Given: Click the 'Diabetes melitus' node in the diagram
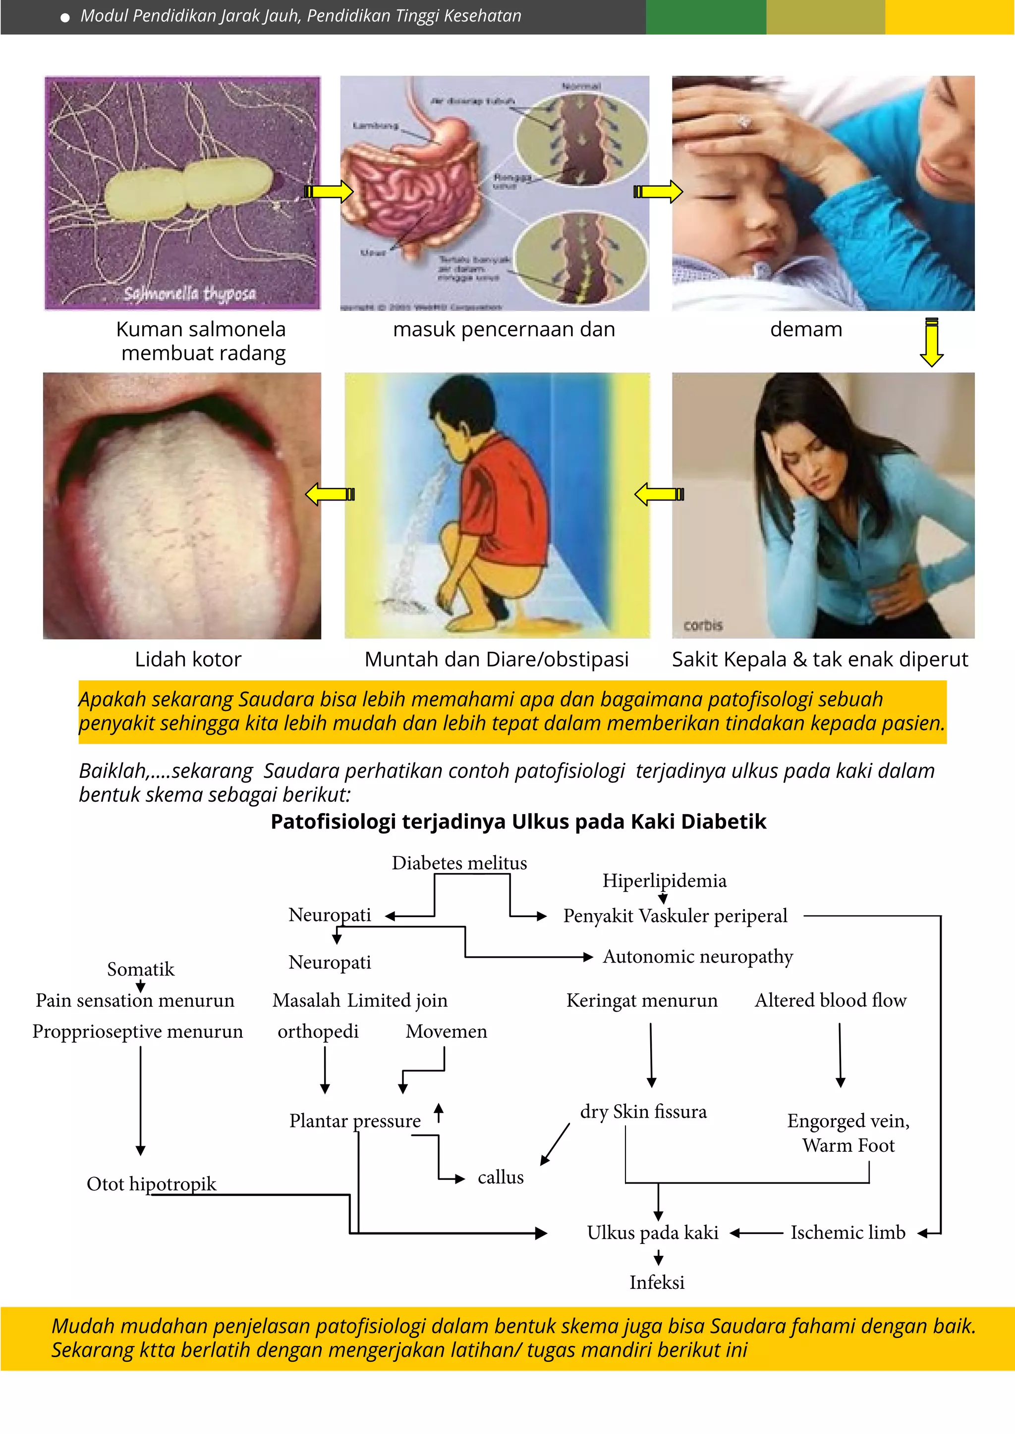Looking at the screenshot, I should coord(459,863).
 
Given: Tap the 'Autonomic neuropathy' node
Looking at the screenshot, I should coord(697,957).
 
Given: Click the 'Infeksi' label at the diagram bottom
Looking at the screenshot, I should coord(656,1283).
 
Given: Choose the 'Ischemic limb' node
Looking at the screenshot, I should coord(847,1233).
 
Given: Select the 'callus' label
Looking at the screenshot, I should coord(500,1178).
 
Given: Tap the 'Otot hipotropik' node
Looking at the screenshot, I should coord(151,1183).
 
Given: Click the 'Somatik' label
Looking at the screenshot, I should coord(141,970).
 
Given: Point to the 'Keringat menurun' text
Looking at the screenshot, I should coord(642,1001).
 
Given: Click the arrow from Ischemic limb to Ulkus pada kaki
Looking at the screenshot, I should coord(756,1233).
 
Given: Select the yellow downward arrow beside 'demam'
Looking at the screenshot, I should coord(931,342).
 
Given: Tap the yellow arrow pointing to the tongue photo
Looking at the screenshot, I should coord(330,495).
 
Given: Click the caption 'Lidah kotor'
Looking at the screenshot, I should coord(188,660).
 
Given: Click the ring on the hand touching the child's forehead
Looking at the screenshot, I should coord(744,122).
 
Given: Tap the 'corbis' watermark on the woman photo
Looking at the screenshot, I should coord(703,625).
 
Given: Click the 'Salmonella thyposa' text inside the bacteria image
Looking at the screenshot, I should coord(190,294).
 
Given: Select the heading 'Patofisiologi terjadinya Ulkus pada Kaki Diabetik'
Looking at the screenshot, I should coord(518,822).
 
